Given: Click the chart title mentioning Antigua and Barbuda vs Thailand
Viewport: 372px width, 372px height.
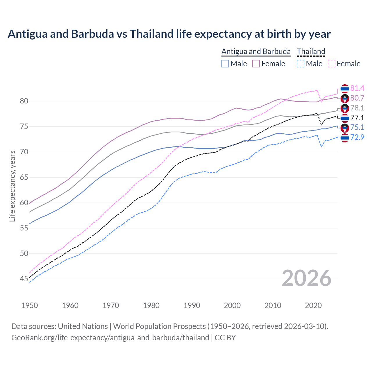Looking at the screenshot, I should (x=169, y=34).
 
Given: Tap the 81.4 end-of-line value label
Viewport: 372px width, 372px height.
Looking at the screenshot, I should (x=357, y=88).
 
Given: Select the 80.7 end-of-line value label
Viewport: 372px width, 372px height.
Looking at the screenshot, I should (x=357, y=98).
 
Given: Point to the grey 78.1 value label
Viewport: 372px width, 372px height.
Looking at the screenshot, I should (x=357, y=108).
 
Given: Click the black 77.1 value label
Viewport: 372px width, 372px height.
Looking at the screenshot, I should (x=357, y=118).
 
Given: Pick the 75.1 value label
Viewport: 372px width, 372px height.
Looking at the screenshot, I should (x=357, y=127).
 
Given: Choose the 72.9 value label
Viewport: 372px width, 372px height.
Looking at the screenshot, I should (x=357, y=137).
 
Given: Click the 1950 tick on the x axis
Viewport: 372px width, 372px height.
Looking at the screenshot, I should (x=30, y=305).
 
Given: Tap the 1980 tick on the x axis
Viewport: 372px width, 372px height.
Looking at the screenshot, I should (x=151, y=305).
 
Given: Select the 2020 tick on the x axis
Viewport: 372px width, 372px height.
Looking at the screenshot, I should (x=313, y=305).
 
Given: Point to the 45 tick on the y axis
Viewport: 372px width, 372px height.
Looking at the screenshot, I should (x=24, y=279).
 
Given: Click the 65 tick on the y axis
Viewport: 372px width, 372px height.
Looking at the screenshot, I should (x=24, y=177).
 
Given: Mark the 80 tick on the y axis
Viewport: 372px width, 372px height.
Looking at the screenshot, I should (x=24, y=101).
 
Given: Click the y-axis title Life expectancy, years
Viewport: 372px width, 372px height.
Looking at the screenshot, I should (x=12, y=186).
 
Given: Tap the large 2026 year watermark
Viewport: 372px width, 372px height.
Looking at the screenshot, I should (x=306, y=278).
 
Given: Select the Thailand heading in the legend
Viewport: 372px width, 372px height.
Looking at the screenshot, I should (x=311, y=51).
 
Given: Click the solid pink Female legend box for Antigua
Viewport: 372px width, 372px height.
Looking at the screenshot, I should (x=256, y=64).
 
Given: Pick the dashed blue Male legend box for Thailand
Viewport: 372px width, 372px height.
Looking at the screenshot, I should (x=301, y=64).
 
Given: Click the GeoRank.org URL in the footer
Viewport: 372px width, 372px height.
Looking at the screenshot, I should (x=110, y=338).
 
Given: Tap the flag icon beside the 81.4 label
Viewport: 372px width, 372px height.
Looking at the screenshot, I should (x=345, y=89).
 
